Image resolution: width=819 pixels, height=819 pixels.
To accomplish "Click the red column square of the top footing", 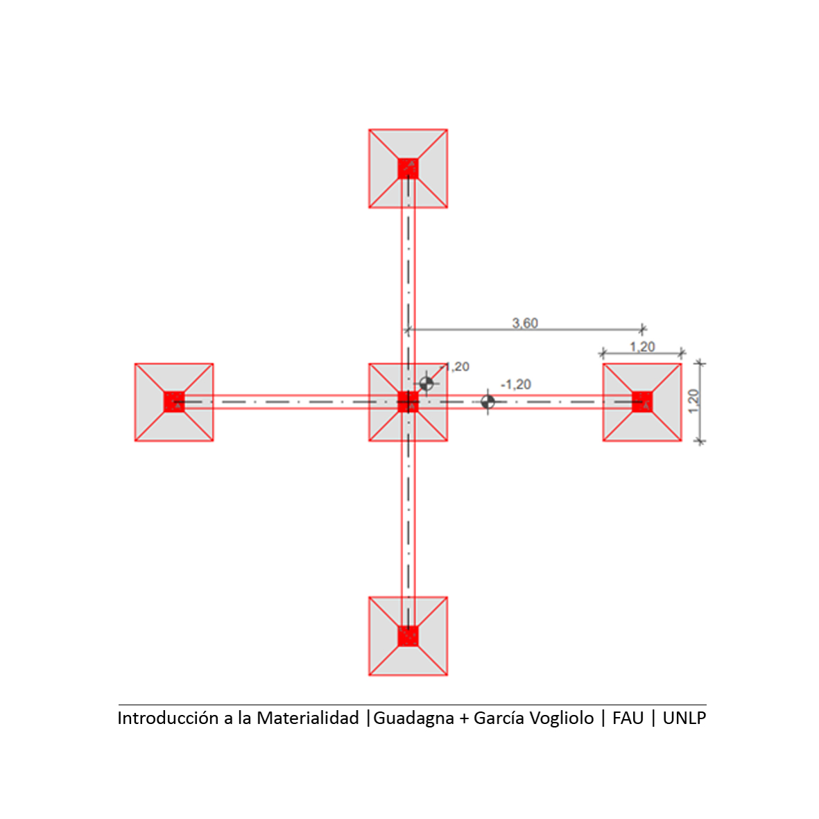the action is (x=408, y=169).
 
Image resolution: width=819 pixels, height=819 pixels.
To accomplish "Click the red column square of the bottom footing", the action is (x=408, y=636).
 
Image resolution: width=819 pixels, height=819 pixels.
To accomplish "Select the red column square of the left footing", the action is (x=174, y=402).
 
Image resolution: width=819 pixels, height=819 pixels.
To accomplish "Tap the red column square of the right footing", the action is (x=642, y=402).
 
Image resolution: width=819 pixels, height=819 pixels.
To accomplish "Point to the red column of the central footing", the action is (x=408, y=402).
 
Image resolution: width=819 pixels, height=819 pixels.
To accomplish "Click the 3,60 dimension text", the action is (x=525, y=323).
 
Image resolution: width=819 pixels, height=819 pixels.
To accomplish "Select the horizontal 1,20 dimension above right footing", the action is (x=642, y=347).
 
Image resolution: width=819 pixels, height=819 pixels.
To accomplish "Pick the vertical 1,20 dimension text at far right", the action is (x=693, y=401).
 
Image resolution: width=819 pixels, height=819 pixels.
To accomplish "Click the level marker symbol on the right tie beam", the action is (x=488, y=402).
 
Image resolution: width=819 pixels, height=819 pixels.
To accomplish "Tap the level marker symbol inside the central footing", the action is (x=426, y=384).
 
